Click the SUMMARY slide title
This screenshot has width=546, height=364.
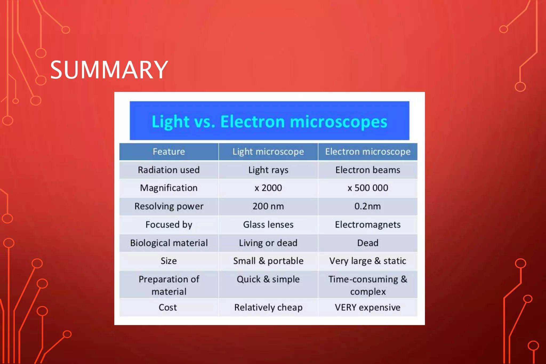[x=109, y=70]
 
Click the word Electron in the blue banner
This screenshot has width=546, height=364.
[x=252, y=122]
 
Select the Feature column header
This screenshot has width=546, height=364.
[x=169, y=152]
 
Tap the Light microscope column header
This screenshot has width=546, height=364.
[x=268, y=152]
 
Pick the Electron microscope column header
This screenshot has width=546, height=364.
[x=368, y=152]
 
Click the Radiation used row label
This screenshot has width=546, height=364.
[x=169, y=170]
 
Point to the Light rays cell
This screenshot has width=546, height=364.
[x=268, y=170]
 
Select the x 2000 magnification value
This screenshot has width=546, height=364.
[x=268, y=188]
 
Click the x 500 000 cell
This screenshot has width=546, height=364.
[x=368, y=188]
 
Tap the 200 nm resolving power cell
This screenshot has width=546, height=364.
[x=268, y=206]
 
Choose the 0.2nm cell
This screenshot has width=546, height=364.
[x=368, y=206]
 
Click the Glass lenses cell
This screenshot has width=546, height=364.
[x=268, y=225]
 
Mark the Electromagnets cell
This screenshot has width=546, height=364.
[x=368, y=225]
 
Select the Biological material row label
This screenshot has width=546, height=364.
[x=169, y=243]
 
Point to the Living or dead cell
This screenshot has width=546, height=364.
[x=268, y=243]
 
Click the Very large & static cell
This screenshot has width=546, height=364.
[x=368, y=261]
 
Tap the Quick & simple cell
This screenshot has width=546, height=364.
[x=268, y=279]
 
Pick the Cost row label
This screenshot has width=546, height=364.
[x=168, y=307]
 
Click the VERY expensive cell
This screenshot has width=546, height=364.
[x=368, y=307]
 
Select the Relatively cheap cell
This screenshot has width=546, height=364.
[x=268, y=307]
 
